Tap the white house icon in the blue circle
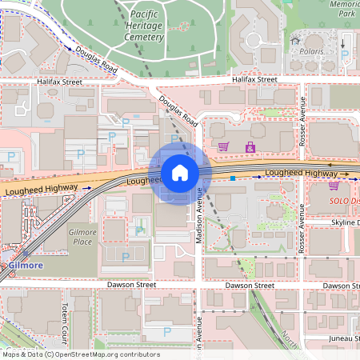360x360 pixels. point(180,172)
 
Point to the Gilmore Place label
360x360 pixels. point(83,237)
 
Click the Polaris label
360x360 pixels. point(312,50)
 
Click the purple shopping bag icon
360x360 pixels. point(250,146)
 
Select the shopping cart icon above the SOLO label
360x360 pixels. point(334,185)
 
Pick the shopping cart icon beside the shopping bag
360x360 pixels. point(224,146)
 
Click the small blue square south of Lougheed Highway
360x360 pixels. point(233,178)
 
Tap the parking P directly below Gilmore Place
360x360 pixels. point(126,257)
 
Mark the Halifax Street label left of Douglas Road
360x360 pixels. point(59,82)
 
